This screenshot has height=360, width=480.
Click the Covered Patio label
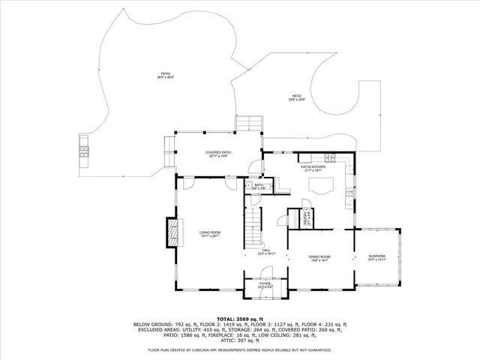218,154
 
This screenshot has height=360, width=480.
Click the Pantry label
307,217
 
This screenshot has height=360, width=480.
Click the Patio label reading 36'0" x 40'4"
165,76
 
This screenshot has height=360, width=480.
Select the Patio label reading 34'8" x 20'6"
297,97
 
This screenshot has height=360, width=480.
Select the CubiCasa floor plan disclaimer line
239,349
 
